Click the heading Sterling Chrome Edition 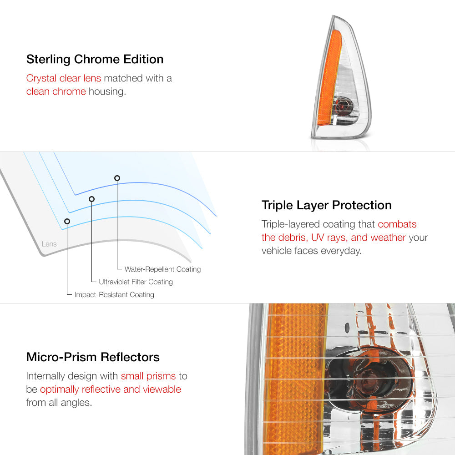[95, 59]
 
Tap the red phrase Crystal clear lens [64, 78]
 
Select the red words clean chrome [56, 91]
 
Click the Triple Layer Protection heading [326, 206]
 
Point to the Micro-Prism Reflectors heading [93, 357]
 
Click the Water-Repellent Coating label [162, 269]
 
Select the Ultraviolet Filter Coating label [136, 282]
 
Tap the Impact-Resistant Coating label [114, 294]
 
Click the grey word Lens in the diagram [49, 244]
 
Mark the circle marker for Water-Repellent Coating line [117, 178]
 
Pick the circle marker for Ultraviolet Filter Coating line [92, 199]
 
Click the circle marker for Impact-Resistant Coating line [67, 222]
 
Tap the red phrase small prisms [148, 376]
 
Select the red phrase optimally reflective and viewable [111, 389]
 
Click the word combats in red [397, 224]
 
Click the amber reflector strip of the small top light [329, 78]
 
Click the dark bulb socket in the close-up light [369, 377]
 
